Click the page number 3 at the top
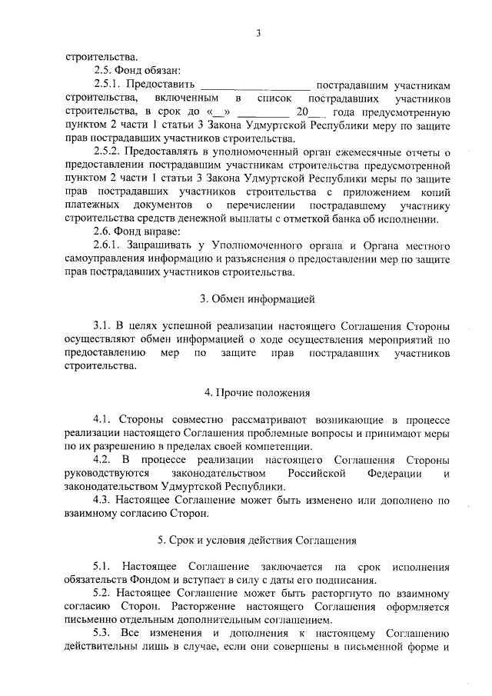coord(258,32)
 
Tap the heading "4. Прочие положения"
coord(258,392)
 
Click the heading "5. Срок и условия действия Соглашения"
coord(258,539)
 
